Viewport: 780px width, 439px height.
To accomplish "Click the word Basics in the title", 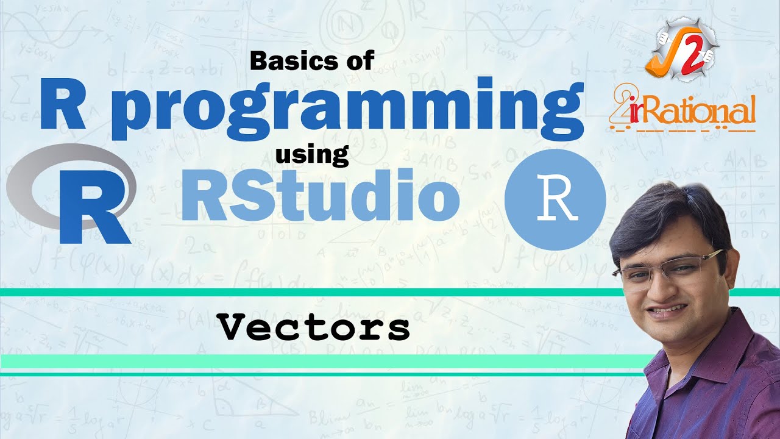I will click(x=287, y=61).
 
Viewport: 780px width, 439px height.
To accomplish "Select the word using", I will click(x=311, y=155).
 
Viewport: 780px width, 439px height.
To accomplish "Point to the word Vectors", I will click(x=314, y=329).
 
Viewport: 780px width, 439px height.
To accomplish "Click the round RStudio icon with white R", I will click(x=555, y=199).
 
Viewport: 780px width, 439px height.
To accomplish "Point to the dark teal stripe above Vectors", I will click(x=305, y=293).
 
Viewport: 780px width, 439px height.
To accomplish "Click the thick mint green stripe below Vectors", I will click(x=305, y=361).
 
